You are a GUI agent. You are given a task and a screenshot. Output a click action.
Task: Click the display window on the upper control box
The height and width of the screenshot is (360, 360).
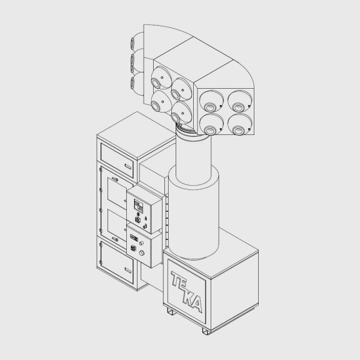tap(139, 204)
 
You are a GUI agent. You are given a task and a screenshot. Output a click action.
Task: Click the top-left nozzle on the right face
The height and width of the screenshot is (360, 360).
tap(209, 98)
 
